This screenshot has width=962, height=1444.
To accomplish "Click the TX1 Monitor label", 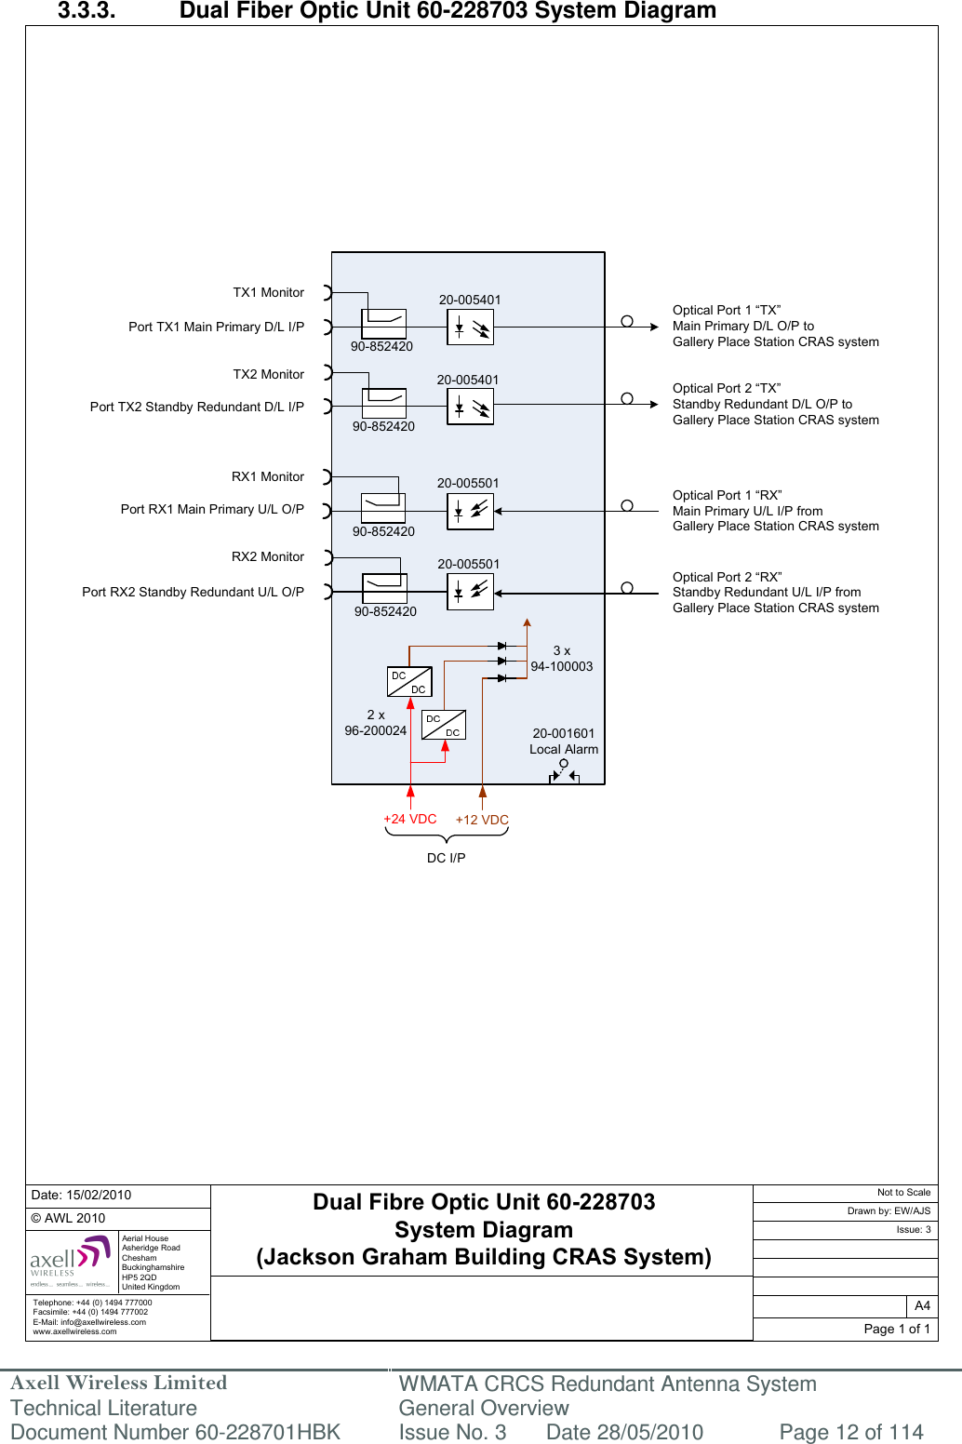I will click(268, 292).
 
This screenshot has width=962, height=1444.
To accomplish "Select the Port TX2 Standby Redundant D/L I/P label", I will click(196, 407).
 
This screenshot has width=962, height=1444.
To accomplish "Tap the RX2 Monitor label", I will click(268, 556).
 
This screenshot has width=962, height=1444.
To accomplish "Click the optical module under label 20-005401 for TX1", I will click(470, 328).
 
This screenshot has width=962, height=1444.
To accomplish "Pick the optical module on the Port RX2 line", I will click(470, 592).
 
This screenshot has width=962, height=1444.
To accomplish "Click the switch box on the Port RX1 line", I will click(383, 508).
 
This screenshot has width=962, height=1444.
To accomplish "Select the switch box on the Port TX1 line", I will click(383, 324).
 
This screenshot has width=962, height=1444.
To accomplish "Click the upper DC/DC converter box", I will click(409, 682).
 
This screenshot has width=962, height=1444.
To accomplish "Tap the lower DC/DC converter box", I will click(444, 725).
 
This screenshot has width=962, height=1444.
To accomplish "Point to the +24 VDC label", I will click(409, 819).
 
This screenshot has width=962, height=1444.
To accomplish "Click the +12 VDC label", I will click(482, 820).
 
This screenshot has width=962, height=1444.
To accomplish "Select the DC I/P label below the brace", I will click(447, 858).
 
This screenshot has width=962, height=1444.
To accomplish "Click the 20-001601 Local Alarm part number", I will click(563, 733).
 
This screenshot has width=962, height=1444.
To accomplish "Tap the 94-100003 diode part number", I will click(561, 666).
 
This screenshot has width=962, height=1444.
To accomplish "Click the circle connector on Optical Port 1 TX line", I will click(627, 322).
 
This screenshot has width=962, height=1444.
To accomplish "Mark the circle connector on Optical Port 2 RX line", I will click(627, 588).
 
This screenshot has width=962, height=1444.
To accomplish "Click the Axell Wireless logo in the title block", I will click(71, 1261).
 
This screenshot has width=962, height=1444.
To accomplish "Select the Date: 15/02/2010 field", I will click(82, 1195).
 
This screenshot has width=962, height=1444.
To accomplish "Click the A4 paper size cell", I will click(922, 1305).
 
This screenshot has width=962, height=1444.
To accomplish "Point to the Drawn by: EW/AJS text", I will click(889, 1210).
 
